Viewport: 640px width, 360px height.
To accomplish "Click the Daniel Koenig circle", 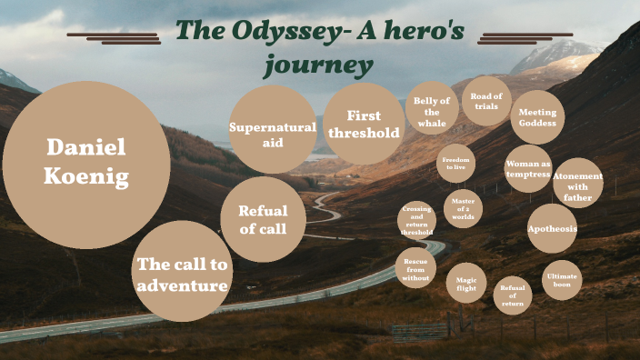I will [86, 165].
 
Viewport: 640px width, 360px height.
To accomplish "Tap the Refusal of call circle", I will [263, 219].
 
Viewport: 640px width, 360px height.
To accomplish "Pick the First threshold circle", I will [364, 124].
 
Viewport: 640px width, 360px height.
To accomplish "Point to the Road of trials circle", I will [486, 101].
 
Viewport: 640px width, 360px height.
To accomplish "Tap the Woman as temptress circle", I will [528, 168].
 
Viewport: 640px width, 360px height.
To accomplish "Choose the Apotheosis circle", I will [552, 228].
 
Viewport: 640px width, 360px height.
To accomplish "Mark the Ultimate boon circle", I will [561, 280].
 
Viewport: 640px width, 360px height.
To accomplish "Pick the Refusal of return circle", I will [513, 295].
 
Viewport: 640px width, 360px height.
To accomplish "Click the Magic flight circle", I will [466, 283].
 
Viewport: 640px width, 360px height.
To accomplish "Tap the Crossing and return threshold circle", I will [416, 221].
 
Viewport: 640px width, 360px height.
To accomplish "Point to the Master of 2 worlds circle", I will [463, 209].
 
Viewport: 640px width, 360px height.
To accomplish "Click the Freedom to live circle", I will [455, 164].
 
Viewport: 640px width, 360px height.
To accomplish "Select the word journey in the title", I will [318, 65].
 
